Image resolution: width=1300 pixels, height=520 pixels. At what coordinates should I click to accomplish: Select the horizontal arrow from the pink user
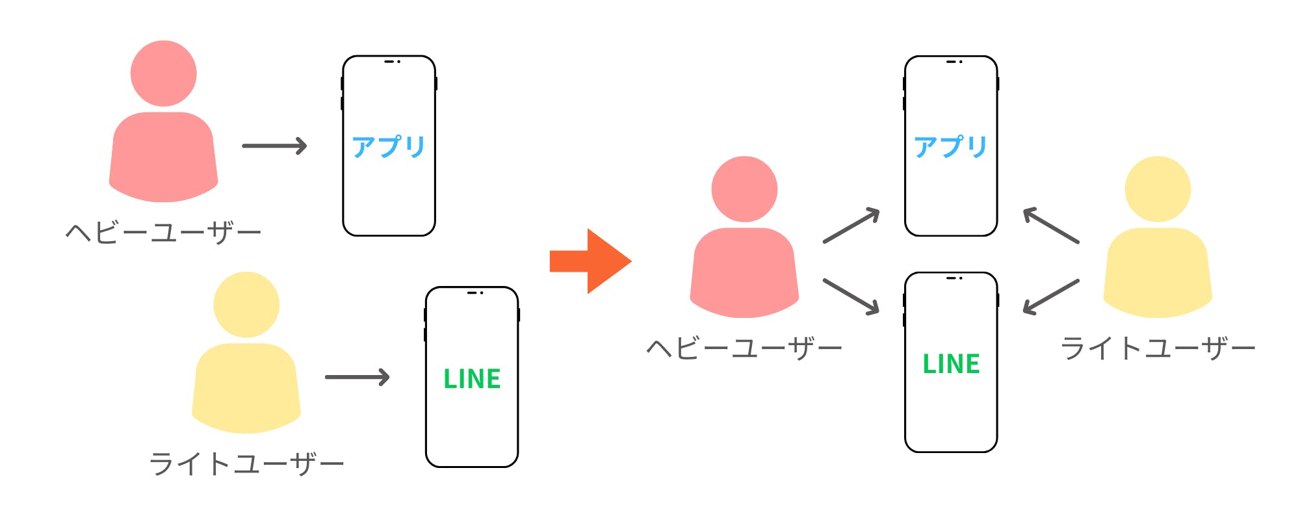click(274, 146)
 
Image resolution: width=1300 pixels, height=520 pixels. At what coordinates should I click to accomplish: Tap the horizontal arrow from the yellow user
click(357, 377)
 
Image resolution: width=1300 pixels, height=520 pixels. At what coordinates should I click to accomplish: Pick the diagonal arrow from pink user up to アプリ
click(851, 226)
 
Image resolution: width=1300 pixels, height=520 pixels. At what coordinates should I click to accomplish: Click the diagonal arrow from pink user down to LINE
click(851, 296)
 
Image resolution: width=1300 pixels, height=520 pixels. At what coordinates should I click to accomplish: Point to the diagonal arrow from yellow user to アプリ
click(1051, 226)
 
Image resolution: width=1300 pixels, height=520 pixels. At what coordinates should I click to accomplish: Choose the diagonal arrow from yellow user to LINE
click(1051, 296)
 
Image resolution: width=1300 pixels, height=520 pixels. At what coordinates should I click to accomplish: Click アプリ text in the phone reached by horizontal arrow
click(389, 147)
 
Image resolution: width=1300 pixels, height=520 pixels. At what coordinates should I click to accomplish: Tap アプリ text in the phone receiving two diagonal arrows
click(951, 147)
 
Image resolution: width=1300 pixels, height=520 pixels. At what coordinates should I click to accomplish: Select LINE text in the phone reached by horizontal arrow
click(472, 378)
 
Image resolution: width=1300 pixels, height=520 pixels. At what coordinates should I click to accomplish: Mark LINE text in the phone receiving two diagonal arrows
click(951, 363)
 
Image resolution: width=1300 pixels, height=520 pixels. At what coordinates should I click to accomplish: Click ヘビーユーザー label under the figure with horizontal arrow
click(163, 232)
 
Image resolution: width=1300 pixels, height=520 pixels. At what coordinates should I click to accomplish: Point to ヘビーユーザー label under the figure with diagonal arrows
click(744, 348)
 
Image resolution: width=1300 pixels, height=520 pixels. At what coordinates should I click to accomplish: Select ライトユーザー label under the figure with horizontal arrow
click(246, 464)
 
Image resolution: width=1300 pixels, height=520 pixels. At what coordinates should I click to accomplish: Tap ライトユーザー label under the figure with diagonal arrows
click(1158, 348)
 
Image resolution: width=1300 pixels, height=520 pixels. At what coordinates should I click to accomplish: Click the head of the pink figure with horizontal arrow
click(164, 73)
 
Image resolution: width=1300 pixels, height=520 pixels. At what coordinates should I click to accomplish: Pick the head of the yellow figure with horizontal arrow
click(246, 305)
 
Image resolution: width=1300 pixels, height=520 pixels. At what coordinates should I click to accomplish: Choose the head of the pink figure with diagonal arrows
click(745, 189)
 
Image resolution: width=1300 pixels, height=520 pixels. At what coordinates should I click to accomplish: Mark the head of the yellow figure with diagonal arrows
click(1158, 189)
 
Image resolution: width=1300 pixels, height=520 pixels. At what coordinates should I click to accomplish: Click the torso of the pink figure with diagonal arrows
click(745, 273)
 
